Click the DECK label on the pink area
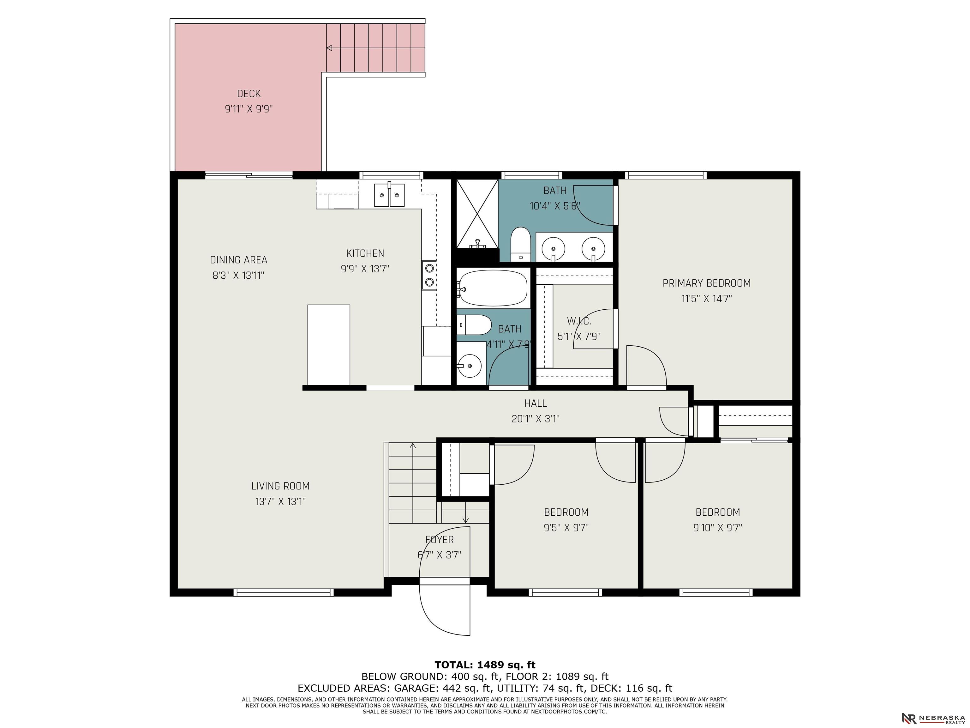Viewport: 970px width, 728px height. point(248,94)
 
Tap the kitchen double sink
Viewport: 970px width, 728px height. point(389,195)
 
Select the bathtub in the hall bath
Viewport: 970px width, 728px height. point(492,288)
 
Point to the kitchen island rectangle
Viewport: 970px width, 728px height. point(328,345)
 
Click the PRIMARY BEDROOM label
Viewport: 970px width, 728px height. point(706,283)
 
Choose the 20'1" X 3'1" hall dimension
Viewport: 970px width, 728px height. point(536,419)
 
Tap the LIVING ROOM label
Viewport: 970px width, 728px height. point(280,486)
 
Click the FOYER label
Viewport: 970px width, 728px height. point(440,540)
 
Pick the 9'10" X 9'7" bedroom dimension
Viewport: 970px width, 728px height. point(717,527)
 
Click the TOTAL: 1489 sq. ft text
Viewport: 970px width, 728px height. point(485,665)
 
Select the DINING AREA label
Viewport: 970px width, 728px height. point(239,260)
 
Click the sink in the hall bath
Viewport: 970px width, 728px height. point(469,365)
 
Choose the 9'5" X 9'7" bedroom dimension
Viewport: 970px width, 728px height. point(566,527)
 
